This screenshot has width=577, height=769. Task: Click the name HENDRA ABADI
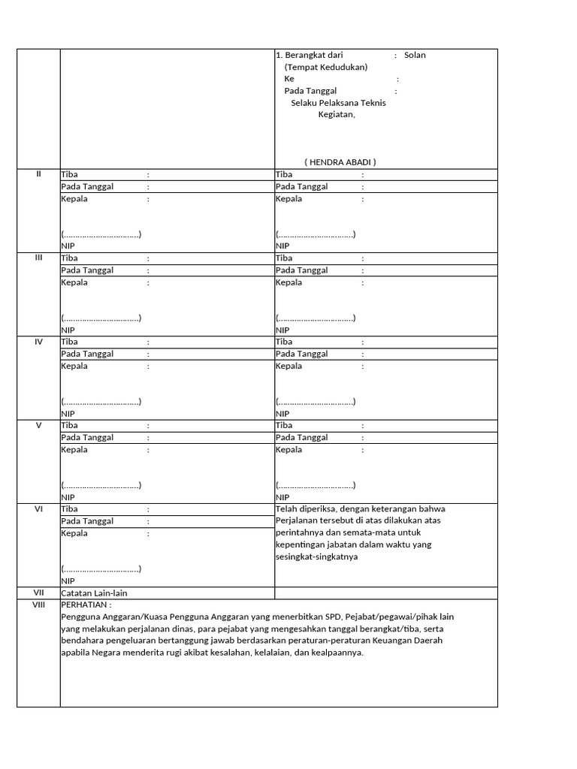(340, 162)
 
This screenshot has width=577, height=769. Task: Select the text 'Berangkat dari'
(313, 55)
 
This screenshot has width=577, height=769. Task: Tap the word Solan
(415, 55)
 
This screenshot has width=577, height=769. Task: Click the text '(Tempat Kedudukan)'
(325, 67)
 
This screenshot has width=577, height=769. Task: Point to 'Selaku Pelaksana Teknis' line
(338, 103)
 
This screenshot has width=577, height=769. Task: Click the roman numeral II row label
(38, 174)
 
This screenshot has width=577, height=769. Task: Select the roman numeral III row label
(38, 258)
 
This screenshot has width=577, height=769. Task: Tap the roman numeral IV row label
(38, 342)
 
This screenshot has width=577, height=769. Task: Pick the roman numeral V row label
(38, 425)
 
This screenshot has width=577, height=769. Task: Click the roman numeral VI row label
(38, 509)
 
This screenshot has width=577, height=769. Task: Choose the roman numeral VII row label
(38, 593)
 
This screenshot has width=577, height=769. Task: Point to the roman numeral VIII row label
(38, 605)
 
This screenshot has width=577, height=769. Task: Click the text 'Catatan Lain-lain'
(94, 593)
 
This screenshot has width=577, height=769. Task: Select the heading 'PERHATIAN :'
(86, 605)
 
